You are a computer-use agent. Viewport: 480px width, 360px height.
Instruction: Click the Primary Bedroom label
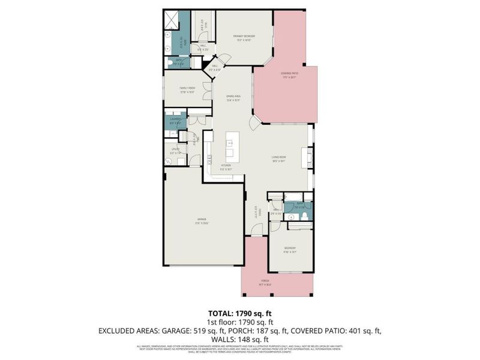tap(245, 38)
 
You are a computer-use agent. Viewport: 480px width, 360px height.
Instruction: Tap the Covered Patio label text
tap(289, 75)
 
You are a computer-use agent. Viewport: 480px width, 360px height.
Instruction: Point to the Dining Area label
tap(233, 98)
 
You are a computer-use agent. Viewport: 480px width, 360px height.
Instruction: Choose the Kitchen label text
tap(226, 167)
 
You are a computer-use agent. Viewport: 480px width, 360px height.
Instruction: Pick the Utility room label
tap(175, 151)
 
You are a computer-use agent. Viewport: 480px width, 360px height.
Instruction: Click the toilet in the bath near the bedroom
tap(305, 215)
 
